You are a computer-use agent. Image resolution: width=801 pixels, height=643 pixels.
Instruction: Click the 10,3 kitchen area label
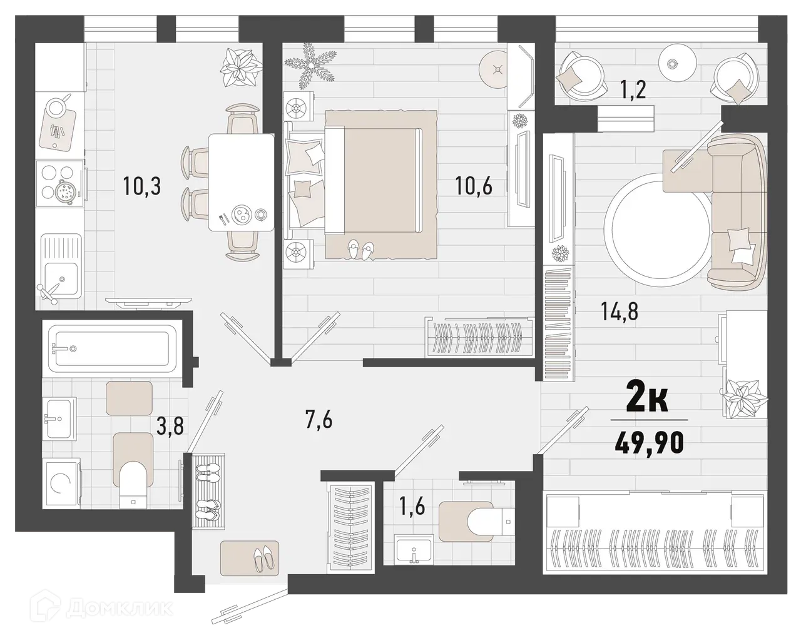pos(142,186)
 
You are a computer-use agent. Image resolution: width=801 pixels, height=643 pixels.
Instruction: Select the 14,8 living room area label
pos(619,311)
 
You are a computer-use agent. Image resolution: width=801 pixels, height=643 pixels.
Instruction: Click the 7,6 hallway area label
pos(319,420)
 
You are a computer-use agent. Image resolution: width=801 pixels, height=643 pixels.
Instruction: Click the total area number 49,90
pos(648,443)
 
